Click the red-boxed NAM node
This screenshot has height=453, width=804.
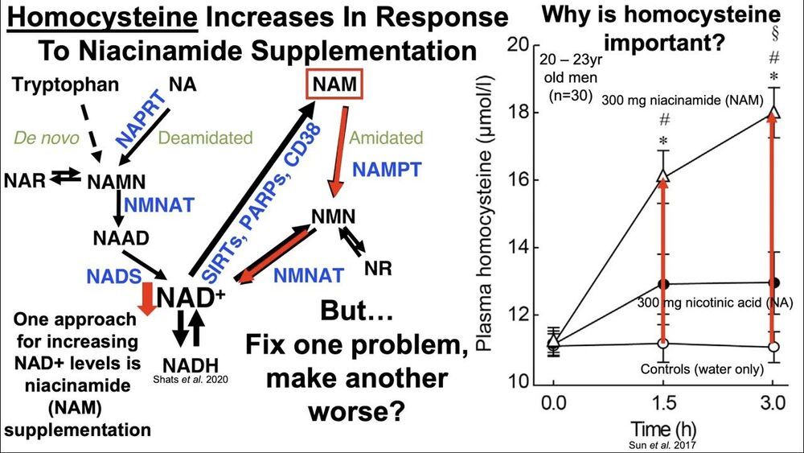click(x=333, y=84)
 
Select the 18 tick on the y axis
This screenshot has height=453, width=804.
click(x=529, y=113)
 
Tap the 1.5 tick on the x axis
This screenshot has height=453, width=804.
click(x=663, y=402)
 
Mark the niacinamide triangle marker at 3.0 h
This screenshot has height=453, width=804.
click(x=774, y=113)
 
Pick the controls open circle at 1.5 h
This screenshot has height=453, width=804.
click(x=663, y=344)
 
